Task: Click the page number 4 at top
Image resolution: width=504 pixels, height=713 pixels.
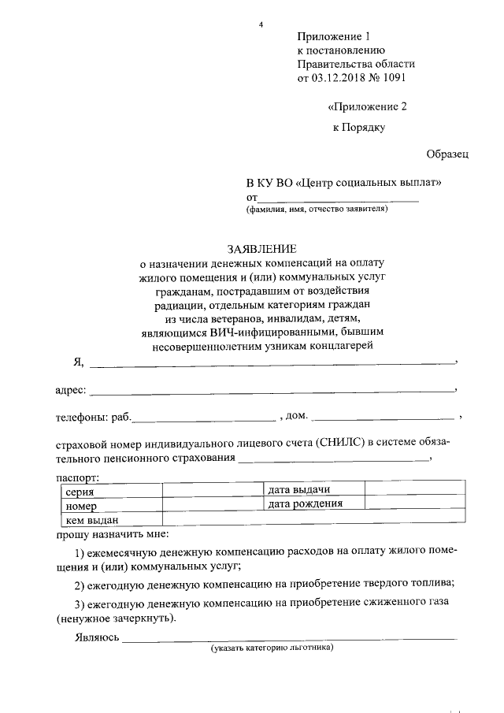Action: [x=261, y=24]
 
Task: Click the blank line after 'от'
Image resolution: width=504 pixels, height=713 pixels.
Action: [x=339, y=199]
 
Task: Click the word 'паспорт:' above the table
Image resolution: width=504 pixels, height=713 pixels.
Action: [x=78, y=477]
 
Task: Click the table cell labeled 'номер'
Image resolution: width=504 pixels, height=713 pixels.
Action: [x=82, y=505]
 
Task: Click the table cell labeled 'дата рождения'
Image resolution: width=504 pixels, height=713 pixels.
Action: [x=306, y=503]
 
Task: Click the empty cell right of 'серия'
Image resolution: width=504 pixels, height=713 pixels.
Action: [x=212, y=491]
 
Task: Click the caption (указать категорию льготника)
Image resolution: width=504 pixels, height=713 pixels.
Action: [x=272, y=648]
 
